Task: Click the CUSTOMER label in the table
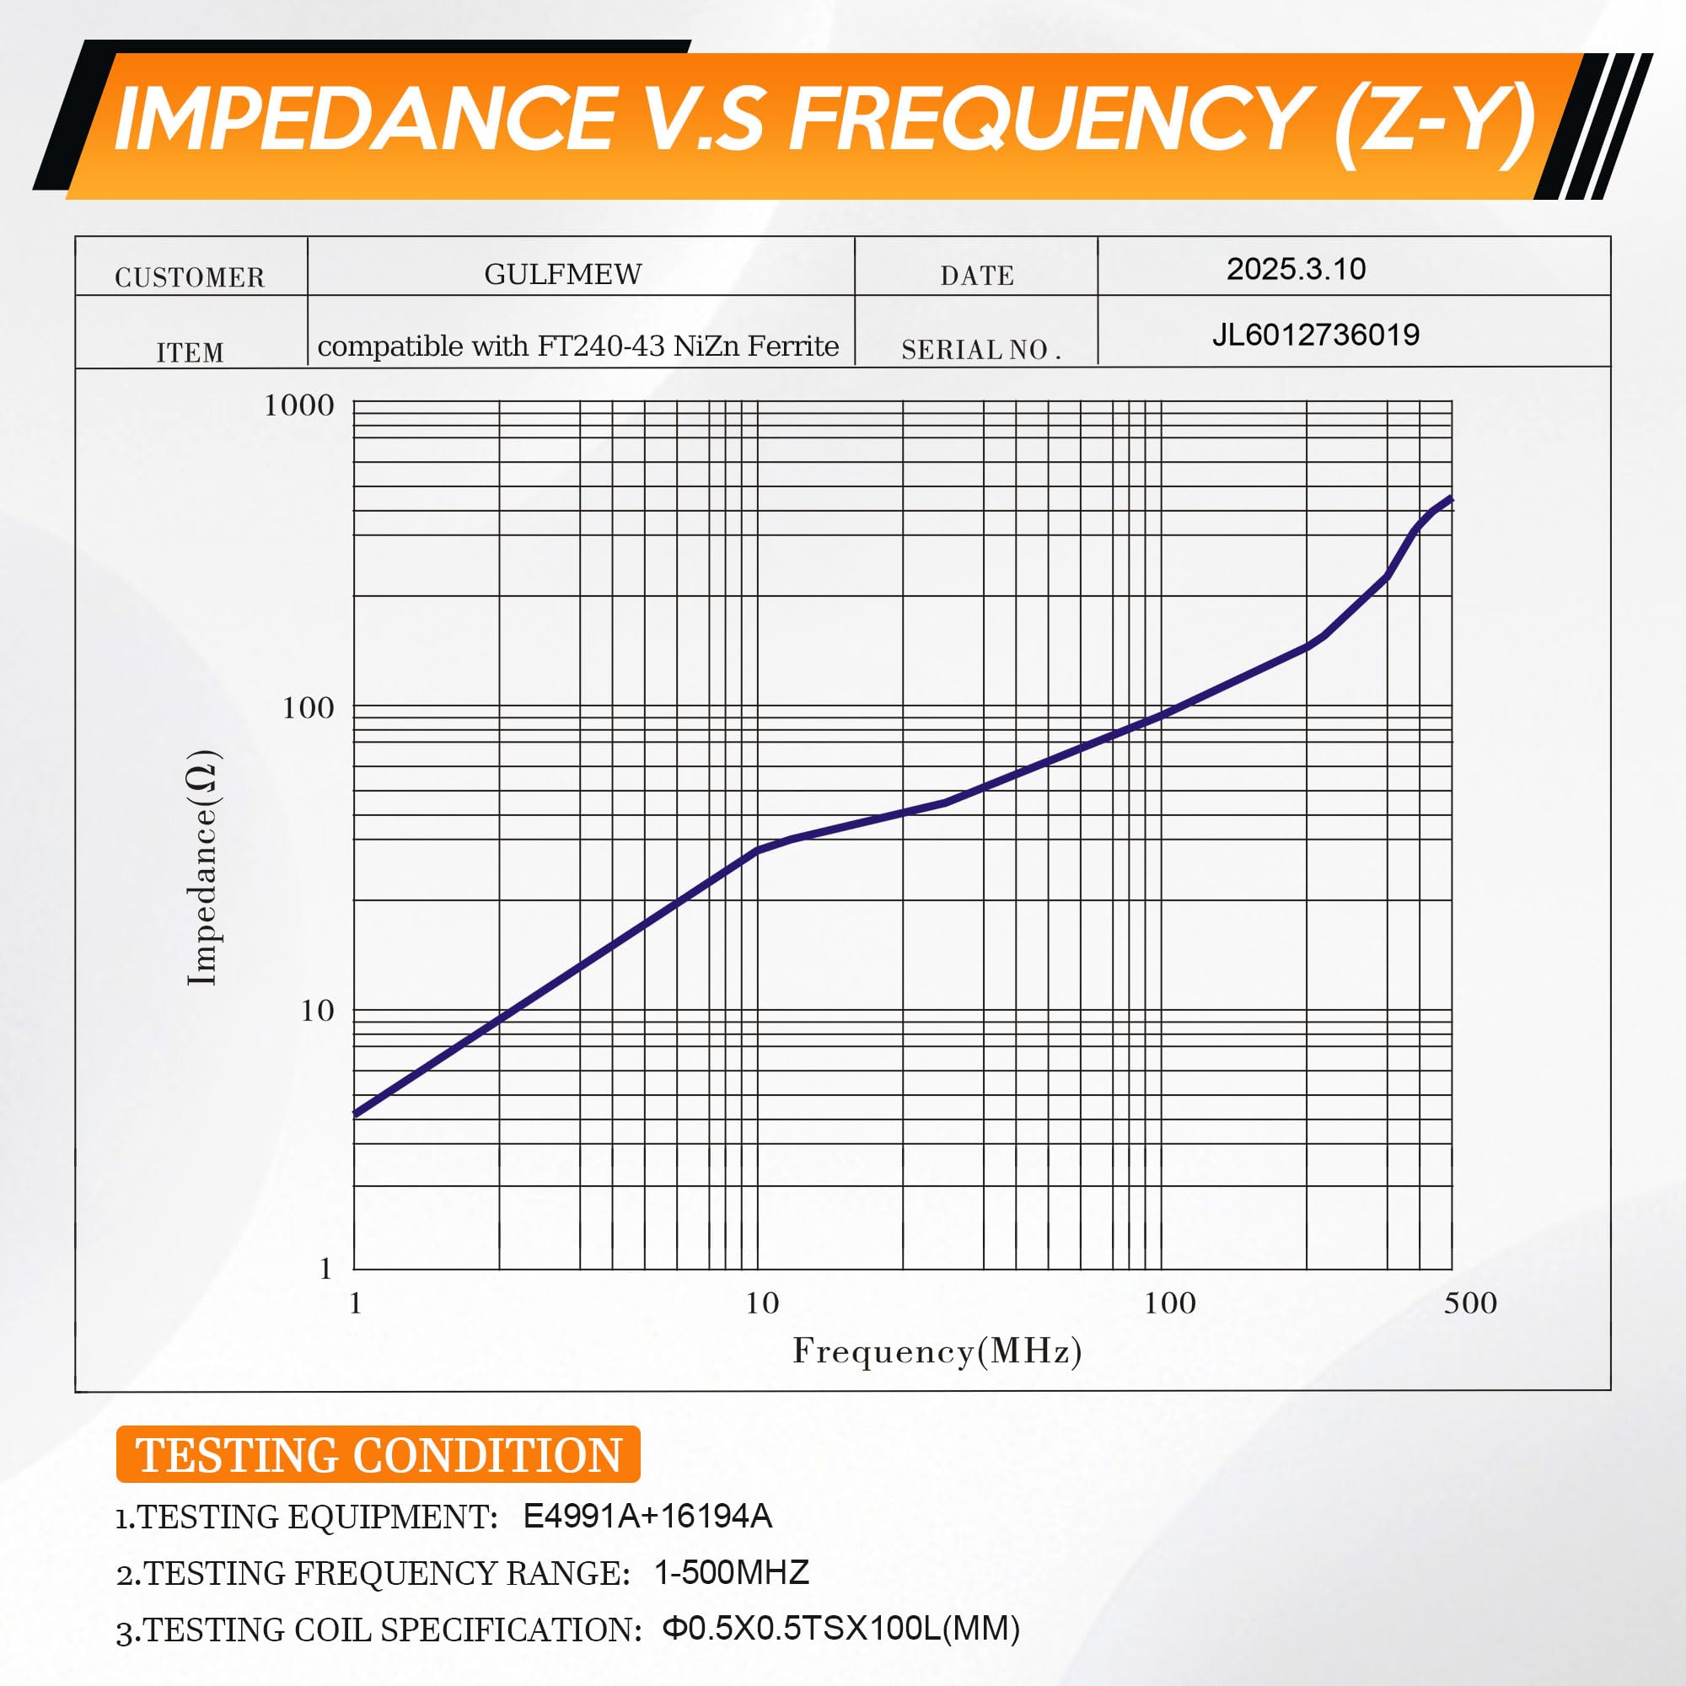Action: tap(190, 277)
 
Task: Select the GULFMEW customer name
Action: tap(563, 274)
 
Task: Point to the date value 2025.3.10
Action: tap(1296, 269)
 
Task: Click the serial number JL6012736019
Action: tap(1316, 334)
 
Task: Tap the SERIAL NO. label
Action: tap(981, 350)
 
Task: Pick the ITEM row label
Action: tap(191, 352)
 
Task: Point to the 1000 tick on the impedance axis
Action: tap(299, 405)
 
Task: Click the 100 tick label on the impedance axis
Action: tap(308, 708)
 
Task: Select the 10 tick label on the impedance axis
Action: tap(317, 1011)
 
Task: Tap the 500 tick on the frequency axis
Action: tap(1470, 1303)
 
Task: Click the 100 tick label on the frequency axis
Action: tap(1169, 1303)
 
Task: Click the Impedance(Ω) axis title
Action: tap(203, 867)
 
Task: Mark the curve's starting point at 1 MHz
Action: tap(355, 1114)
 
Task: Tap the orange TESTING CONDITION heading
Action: tap(378, 1455)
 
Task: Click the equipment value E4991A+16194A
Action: tap(647, 1516)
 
